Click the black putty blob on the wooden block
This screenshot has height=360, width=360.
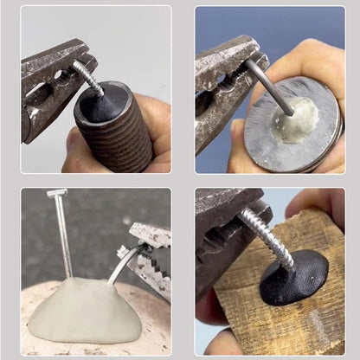tap(293, 278)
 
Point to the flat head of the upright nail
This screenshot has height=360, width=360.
tap(57, 192)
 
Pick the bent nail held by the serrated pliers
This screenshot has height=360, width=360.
tap(121, 263)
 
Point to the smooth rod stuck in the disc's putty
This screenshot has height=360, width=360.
tap(268, 87)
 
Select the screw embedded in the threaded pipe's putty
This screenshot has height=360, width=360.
tap(89, 78)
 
